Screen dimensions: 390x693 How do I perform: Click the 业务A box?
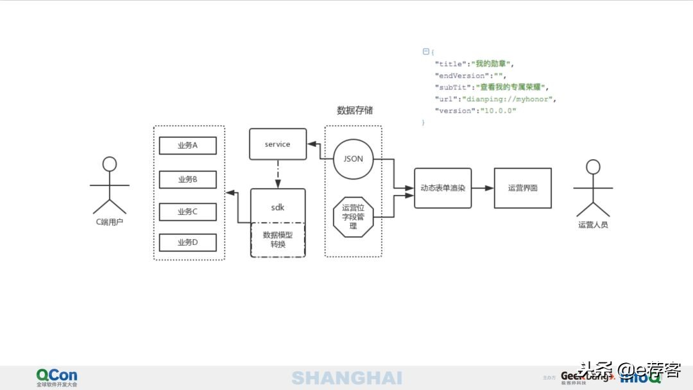pos(187,146)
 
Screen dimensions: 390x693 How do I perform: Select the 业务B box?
pos(187,180)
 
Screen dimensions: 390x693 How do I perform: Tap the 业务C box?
pos(187,212)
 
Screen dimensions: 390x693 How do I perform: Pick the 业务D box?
pos(187,242)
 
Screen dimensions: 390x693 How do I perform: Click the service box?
pos(277,144)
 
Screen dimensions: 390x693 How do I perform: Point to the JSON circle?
pos(353,159)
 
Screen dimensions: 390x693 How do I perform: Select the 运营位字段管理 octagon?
pos(353,217)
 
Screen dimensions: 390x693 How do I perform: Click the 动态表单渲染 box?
pos(443,188)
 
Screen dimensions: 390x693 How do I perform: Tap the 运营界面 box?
pos(523,188)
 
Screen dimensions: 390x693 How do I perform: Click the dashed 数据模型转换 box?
pos(277,239)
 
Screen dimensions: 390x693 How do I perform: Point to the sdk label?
pos(277,207)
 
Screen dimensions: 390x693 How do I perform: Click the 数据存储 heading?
pos(355,110)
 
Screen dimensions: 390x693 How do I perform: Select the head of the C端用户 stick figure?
pos(110,164)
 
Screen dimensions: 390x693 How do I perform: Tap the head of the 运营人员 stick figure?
pos(593,167)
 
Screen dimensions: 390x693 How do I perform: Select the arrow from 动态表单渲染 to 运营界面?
pos(483,188)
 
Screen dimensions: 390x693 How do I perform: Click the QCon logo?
pos(56,376)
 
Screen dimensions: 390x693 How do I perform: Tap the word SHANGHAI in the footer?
pos(346,378)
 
